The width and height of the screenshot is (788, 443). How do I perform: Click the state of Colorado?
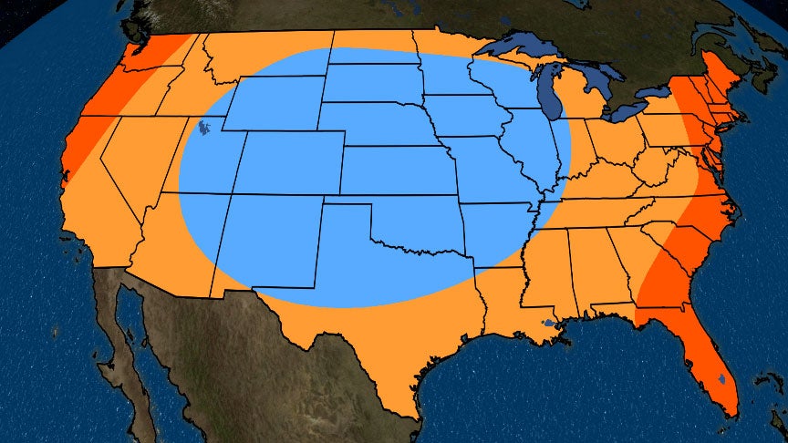(x=287, y=165)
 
